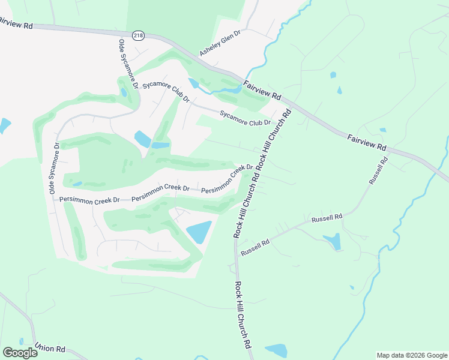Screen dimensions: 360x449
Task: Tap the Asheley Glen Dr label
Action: (220, 43)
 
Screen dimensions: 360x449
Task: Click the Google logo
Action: (20, 352)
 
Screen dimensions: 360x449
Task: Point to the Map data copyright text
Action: (411, 355)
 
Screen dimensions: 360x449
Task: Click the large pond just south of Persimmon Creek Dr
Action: (199, 232)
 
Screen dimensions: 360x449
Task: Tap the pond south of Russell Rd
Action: (333, 241)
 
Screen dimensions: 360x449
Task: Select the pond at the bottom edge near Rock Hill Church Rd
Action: (276, 350)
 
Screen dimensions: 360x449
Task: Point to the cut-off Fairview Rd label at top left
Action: (16, 23)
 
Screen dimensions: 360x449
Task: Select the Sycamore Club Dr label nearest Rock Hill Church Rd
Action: (246, 117)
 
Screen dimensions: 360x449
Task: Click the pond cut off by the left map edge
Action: (4, 125)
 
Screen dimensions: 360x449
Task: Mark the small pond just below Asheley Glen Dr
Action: (193, 83)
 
